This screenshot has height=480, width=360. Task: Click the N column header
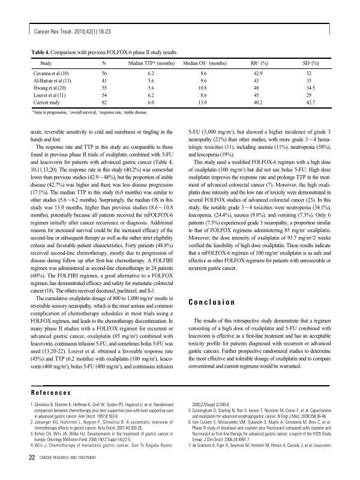pos(104,62)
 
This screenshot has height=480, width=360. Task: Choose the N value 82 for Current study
pos(104,103)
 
